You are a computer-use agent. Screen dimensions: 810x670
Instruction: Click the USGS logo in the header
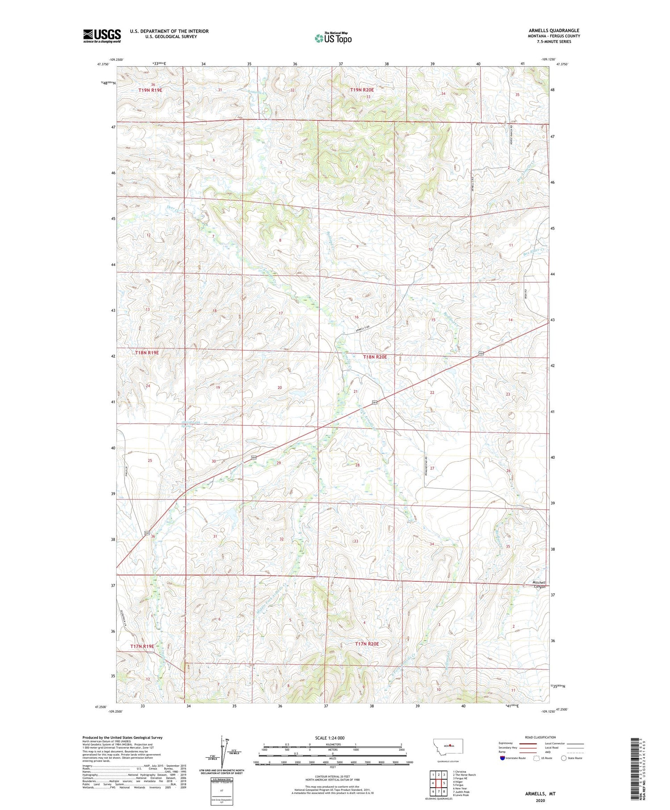point(102,36)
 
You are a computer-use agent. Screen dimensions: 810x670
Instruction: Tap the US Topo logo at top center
point(333,38)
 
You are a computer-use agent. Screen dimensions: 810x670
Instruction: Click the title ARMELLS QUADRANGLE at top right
point(554,30)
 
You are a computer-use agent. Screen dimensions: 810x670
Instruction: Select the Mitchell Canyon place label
point(539,584)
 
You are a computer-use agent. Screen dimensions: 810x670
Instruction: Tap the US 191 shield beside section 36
point(147,533)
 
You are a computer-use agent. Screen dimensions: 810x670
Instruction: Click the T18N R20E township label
point(375,357)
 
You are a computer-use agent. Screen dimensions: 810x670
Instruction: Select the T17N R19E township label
point(142,646)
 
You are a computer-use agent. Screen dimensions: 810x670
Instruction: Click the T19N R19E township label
point(150,90)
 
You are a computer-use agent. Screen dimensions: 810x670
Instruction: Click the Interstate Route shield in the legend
point(502,758)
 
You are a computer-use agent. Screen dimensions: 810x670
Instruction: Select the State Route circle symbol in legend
point(564,758)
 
